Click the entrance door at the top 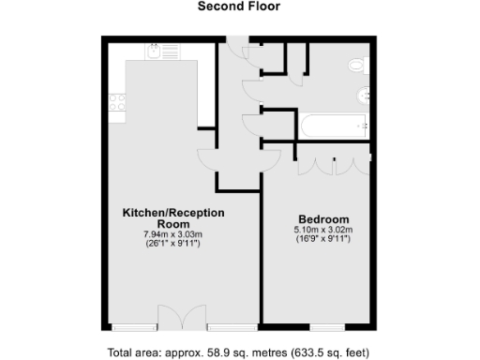tap(242, 47)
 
